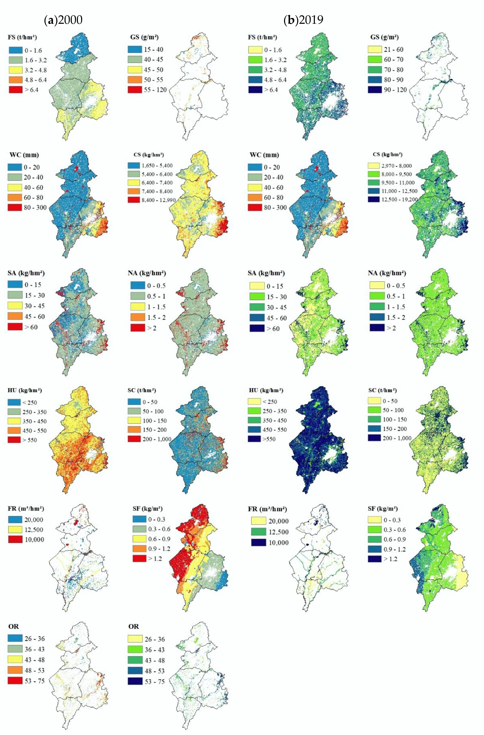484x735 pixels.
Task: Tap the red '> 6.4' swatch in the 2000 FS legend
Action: click(15, 90)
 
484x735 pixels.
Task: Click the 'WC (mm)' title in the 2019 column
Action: click(264, 155)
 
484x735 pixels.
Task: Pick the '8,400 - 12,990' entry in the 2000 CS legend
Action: click(157, 200)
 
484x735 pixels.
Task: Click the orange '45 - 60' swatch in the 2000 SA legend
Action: click(15, 317)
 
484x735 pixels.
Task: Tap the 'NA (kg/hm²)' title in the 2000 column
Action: click(147, 273)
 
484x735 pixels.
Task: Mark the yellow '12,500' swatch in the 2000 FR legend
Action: click(15, 530)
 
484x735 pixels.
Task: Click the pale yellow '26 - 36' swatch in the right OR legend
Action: click(135, 639)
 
